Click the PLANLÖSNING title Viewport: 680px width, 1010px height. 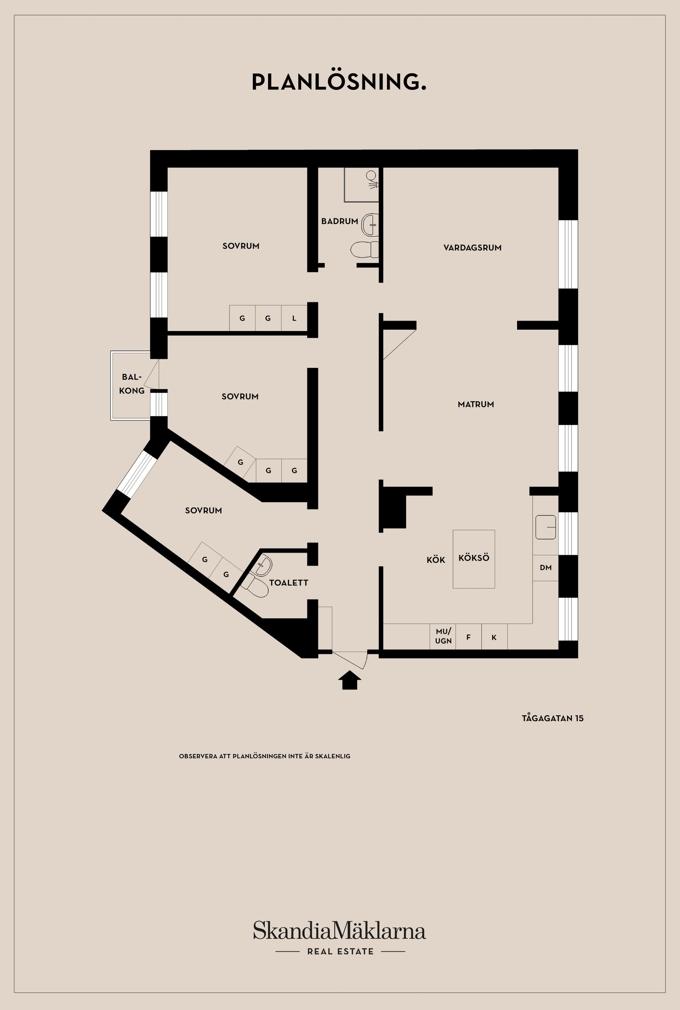[x=339, y=82]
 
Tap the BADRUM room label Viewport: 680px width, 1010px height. [x=340, y=221]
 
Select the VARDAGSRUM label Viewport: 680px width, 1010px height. [x=472, y=248]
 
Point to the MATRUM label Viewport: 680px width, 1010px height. [x=476, y=404]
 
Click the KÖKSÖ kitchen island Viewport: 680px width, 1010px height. [x=474, y=559]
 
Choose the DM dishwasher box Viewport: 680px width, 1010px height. [x=545, y=568]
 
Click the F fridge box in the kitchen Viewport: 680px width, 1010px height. [x=468, y=637]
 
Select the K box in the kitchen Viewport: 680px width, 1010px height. [x=494, y=637]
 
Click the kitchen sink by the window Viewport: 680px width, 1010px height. [x=545, y=527]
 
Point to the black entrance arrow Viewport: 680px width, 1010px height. [x=350, y=680]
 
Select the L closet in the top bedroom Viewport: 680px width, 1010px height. [x=294, y=318]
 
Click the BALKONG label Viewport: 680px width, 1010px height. [x=131, y=384]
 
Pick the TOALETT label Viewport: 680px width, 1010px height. [x=289, y=583]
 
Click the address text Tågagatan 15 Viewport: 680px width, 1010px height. [x=552, y=718]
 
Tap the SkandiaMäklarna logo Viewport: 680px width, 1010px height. [x=340, y=931]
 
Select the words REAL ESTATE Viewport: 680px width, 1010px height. [x=340, y=952]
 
